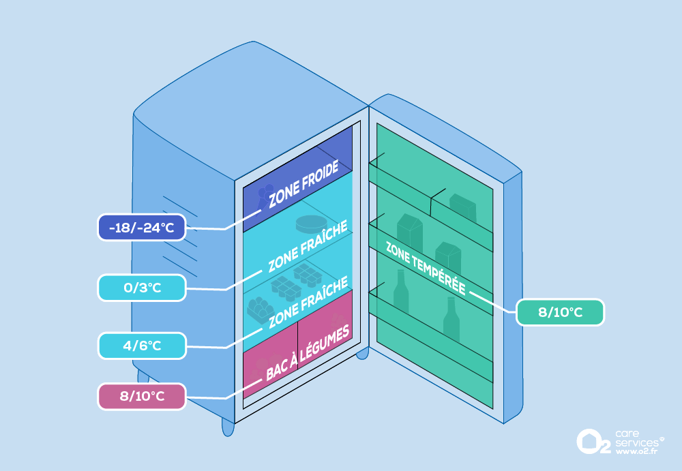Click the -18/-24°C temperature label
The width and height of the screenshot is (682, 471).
tap(141, 228)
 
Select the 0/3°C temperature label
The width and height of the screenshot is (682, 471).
tap(141, 288)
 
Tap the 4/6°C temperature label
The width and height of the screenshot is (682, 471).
tap(141, 346)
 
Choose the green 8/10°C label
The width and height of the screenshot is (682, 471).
tap(560, 312)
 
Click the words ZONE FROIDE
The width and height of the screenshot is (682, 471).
tap(303, 185)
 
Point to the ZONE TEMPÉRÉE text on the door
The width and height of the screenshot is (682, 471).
tap(426, 268)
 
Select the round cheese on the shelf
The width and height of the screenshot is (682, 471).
tap(310, 224)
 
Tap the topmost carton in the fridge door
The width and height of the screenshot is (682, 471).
tap(462, 204)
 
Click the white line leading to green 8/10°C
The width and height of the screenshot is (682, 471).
tap(494, 302)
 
